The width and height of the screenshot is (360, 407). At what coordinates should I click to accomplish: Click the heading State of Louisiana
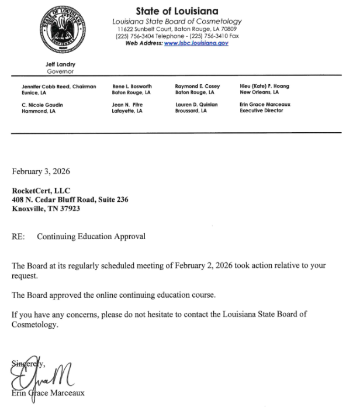[x=177, y=12]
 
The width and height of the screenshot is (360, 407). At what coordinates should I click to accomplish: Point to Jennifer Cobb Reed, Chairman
[x=58, y=87]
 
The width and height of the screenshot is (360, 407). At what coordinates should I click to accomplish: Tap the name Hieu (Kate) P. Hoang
[x=264, y=87]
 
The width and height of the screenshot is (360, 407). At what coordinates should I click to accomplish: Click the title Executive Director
[x=262, y=111]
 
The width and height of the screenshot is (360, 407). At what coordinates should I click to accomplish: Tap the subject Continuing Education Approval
[x=91, y=237]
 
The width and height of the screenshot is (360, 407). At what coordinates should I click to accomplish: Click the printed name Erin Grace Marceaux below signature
[x=48, y=392]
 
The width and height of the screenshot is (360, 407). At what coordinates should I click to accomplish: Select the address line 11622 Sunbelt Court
[x=176, y=29]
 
